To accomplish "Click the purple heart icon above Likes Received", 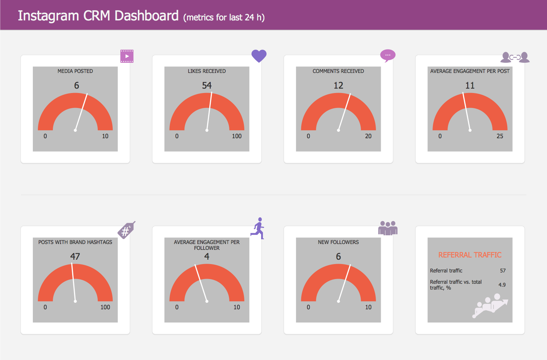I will [x=259, y=56].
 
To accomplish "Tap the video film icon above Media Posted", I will [x=127, y=56].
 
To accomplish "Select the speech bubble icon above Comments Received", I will [x=388, y=55].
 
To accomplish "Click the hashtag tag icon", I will [x=126, y=230].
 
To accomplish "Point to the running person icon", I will [x=258, y=228].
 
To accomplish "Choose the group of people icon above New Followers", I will [x=388, y=228].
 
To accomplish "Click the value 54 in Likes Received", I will [x=207, y=85].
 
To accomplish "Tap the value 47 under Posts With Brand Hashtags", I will [x=75, y=256].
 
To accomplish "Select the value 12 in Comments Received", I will [x=338, y=85].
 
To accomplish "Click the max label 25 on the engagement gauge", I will [x=500, y=136].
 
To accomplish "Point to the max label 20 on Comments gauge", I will [x=368, y=136].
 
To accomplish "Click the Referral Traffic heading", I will [x=470, y=255].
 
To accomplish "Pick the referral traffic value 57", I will [x=503, y=271].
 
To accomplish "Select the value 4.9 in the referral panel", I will [x=502, y=285].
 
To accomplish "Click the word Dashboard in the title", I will [x=147, y=16].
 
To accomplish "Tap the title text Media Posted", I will [x=75, y=71].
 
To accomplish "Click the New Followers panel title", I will [x=338, y=242].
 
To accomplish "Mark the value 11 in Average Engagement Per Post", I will [x=470, y=85].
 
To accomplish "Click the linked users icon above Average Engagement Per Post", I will [x=515, y=57].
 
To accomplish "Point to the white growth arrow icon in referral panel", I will [x=490, y=305].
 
